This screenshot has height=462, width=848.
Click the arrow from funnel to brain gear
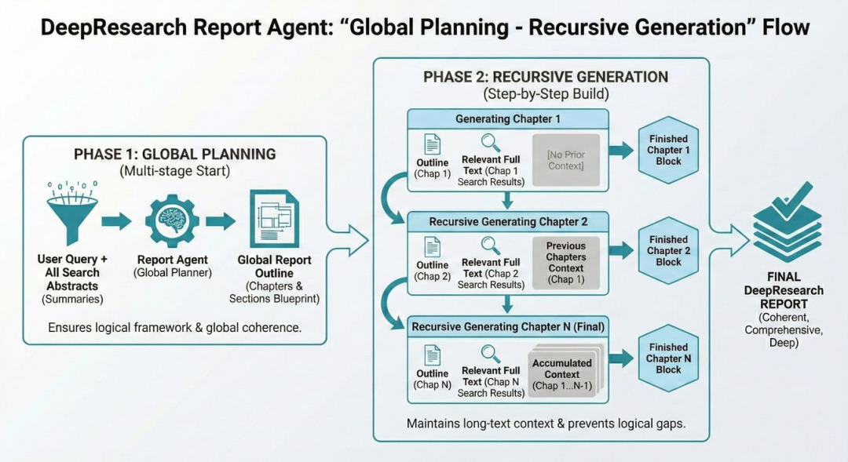click(116, 221)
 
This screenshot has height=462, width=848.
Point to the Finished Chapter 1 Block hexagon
click(668, 151)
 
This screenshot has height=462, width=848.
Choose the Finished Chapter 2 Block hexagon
click(668, 251)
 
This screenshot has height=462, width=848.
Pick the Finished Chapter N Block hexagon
click(668, 358)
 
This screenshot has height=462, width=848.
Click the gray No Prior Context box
click(565, 160)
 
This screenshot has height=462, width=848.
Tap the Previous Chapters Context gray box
click(565, 263)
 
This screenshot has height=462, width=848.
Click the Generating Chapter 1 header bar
click(507, 119)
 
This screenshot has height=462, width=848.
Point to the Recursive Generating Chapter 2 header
click(507, 222)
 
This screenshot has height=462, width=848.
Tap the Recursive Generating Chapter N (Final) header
click(507, 326)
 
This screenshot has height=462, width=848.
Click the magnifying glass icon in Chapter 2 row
click(491, 246)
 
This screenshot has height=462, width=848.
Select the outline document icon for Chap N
click(433, 355)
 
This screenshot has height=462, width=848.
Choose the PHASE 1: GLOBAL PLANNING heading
click(174, 154)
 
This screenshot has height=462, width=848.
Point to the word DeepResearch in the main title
click(109, 27)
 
